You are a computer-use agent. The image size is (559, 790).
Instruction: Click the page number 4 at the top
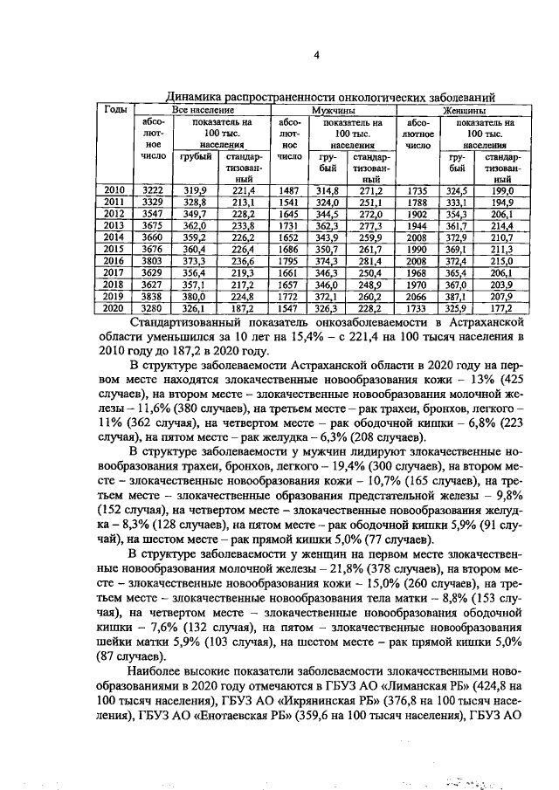[x=317, y=56]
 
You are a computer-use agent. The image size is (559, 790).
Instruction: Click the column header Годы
[x=115, y=110]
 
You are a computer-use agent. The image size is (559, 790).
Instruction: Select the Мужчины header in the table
[x=335, y=111]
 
